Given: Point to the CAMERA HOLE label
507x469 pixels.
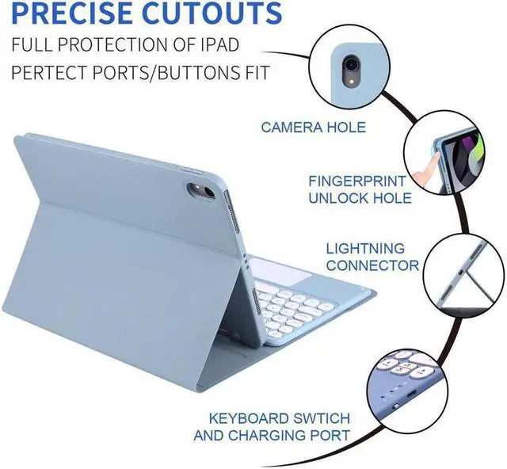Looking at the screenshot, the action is click(314, 127).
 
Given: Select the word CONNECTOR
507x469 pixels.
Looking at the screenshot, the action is click(372, 266).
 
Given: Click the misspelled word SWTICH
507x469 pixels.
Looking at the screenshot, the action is click(321, 418).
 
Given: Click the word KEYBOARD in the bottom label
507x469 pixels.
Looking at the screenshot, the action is click(248, 418).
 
